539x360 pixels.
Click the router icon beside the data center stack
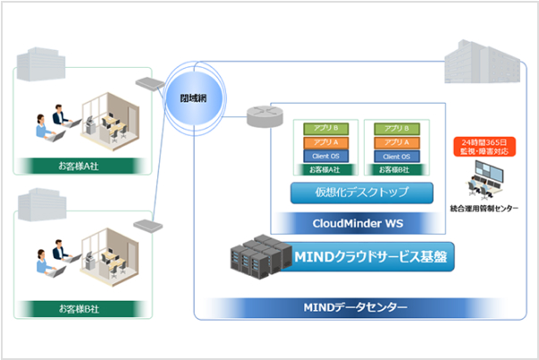[x=259, y=115]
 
